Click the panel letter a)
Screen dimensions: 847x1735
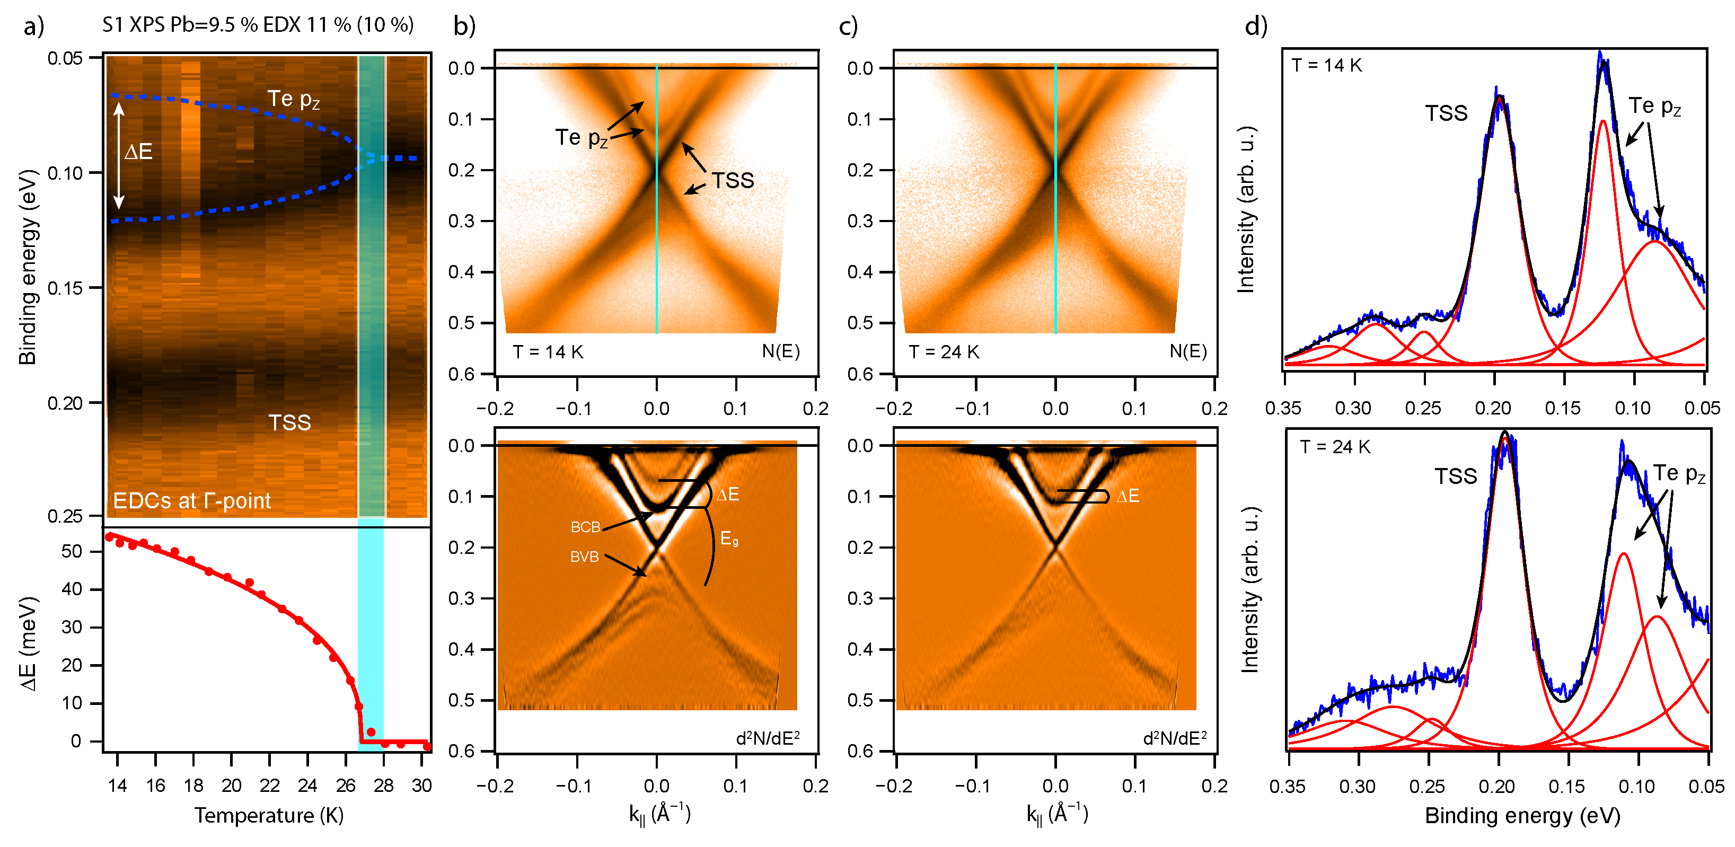pos(33,27)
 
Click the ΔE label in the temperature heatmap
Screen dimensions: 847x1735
pos(139,152)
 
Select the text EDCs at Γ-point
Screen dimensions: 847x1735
pos(191,501)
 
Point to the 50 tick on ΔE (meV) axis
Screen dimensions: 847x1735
pos(72,551)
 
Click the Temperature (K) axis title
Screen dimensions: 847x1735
pos(269,815)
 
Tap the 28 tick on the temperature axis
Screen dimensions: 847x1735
pos(383,786)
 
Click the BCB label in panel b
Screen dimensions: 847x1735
pos(585,527)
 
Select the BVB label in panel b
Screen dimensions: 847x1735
pos(584,557)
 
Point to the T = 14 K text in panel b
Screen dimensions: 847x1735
pos(548,352)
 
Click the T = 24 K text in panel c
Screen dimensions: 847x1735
pos(944,352)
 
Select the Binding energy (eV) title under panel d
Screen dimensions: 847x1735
pos(1522,815)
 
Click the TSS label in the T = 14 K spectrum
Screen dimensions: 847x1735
pos(1446,113)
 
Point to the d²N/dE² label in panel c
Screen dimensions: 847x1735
pos(1174,738)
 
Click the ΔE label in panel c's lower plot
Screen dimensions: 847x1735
pos(1128,496)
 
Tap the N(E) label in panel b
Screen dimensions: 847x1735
pos(781,351)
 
